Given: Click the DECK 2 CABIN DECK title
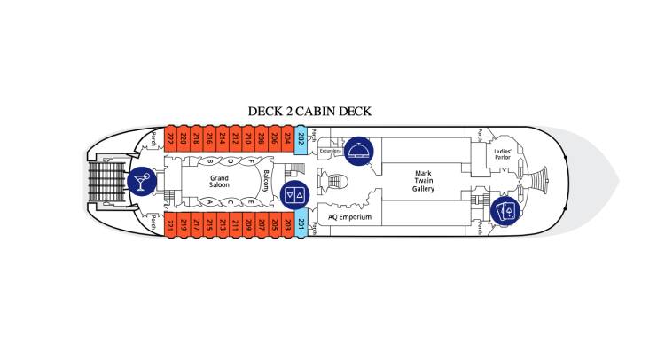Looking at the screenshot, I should point(309,111).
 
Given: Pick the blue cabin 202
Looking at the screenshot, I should point(301,138).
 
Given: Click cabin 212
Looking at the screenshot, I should point(236,138).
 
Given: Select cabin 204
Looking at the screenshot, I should point(287,138).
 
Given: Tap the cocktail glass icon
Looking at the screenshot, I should point(140,182).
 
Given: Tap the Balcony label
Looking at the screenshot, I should point(265,182).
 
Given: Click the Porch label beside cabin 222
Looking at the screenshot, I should point(154,138).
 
